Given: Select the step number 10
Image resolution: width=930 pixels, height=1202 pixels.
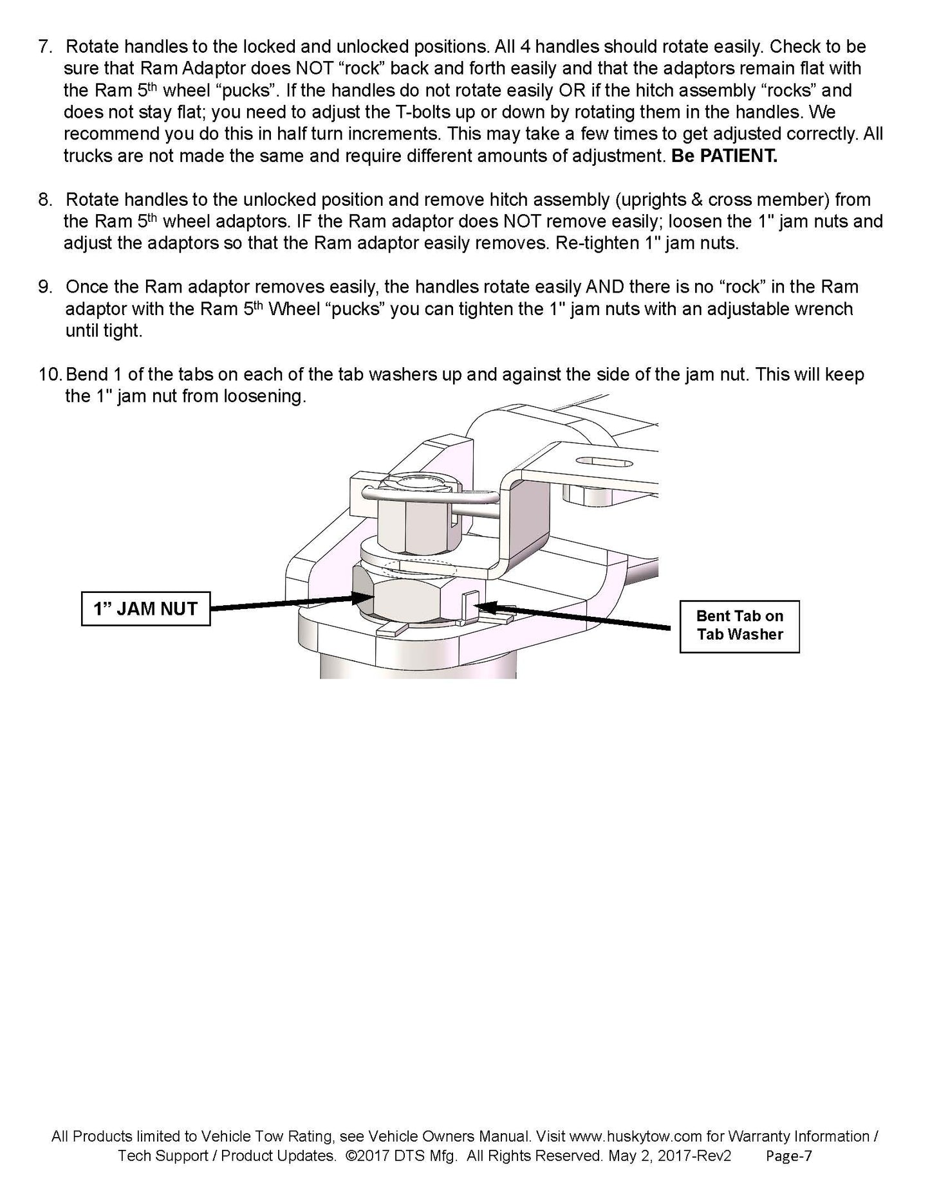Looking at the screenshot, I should coord(51,375).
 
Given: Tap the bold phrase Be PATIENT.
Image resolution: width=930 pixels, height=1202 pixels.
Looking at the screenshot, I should coord(724,157).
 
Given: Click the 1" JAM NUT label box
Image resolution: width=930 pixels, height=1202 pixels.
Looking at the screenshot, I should coord(145,608).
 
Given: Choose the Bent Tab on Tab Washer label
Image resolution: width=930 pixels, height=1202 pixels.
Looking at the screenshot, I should coord(739,626).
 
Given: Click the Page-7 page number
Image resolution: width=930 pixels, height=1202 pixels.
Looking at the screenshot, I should coord(788,1156).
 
